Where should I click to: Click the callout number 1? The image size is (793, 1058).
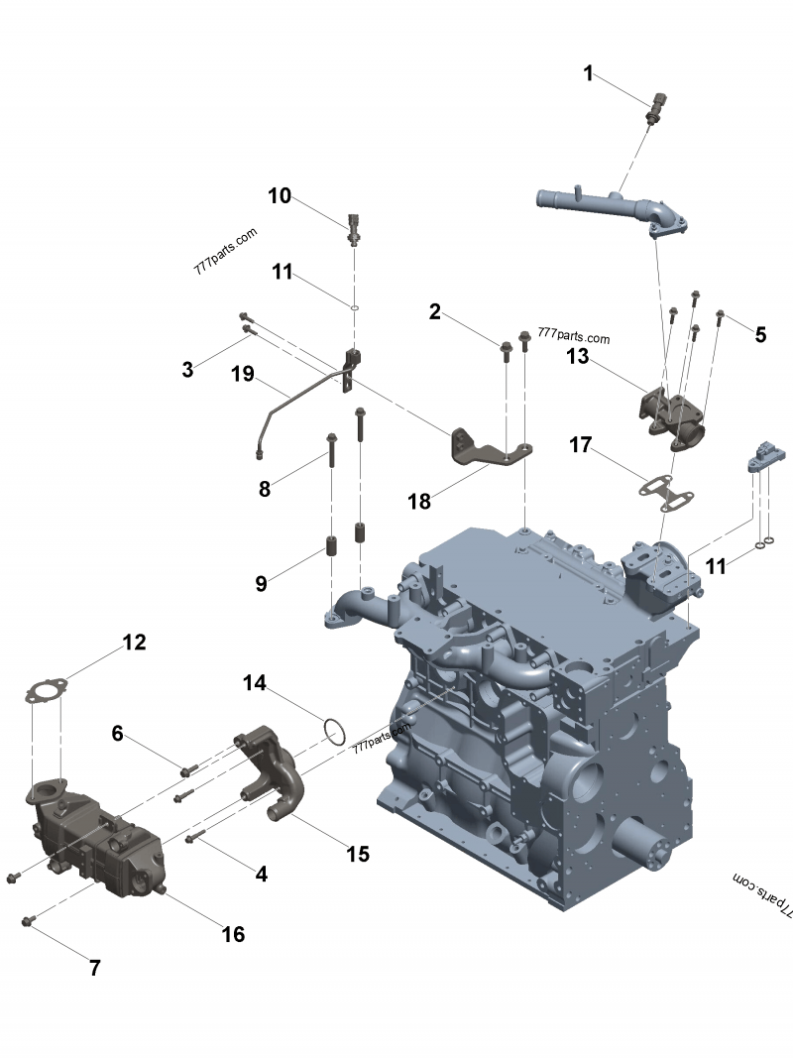click(x=588, y=73)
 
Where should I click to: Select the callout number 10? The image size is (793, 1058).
click(x=280, y=195)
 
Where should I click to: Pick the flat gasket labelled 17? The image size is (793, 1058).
click(x=665, y=491)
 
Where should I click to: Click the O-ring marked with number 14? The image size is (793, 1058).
click(x=335, y=732)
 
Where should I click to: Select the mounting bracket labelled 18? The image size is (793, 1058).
click(x=492, y=449)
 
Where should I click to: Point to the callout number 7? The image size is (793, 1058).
click(x=95, y=968)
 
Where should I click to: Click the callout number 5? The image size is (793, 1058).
click(x=760, y=334)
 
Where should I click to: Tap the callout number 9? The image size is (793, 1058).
click(x=261, y=584)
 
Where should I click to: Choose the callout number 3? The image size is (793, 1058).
click(x=187, y=370)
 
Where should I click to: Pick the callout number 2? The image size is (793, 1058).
click(x=434, y=312)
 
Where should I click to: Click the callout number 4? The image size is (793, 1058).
click(x=261, y=874)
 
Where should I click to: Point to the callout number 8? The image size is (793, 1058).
click(x=264, y=488)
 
